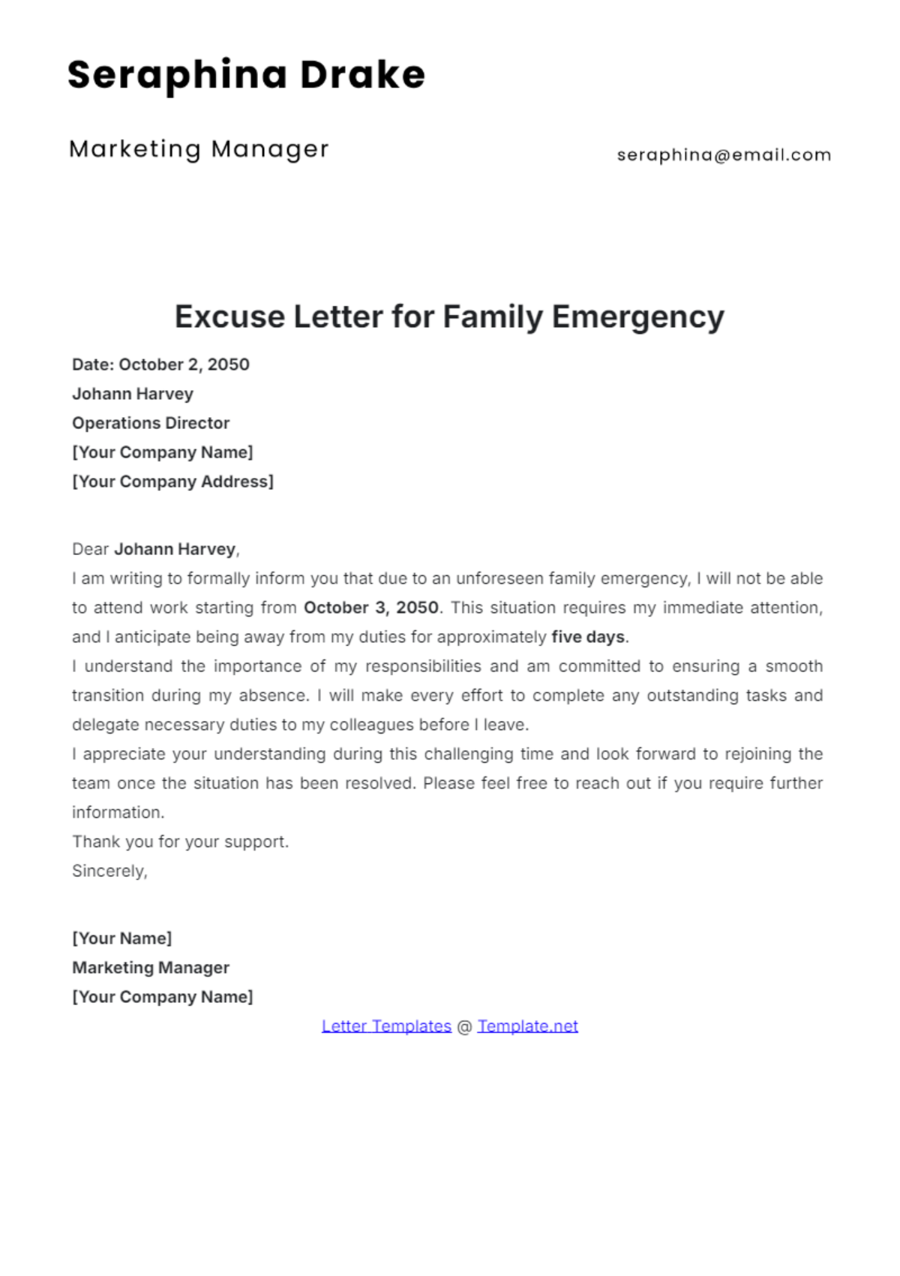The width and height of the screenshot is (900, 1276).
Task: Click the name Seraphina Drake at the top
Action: (x=246, y=75)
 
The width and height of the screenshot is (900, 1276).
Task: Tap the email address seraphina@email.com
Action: (x=724, y=155)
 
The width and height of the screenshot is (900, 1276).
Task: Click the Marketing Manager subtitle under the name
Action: (x=199, y=149)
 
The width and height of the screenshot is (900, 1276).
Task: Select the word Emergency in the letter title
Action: (x=637, y=317)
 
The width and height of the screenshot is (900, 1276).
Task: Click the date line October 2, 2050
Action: (x=160, y=365)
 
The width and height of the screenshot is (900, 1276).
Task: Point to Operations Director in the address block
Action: (x=151, y=423)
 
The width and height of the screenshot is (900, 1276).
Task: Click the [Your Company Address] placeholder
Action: (x=172, y=482)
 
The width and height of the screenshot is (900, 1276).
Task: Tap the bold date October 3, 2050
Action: (x=370, y=608)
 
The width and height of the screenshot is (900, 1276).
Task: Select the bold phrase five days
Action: (x=588, y=637)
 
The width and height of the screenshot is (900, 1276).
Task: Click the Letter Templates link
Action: (x=386, y=1026)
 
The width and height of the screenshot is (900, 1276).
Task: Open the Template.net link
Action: (x=527, y=1026)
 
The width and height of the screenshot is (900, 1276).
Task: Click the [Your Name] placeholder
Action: (x=121, y=938)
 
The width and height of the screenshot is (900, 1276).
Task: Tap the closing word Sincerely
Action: (x=109, y=871)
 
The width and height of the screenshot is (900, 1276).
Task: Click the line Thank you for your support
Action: (x=180, y=842)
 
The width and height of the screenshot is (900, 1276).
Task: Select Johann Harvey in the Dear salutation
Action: (x=175, y=549)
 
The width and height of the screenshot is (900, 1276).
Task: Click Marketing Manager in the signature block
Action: (x=151, y=968)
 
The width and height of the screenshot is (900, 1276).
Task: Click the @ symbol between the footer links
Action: (x=464, y=1026)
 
